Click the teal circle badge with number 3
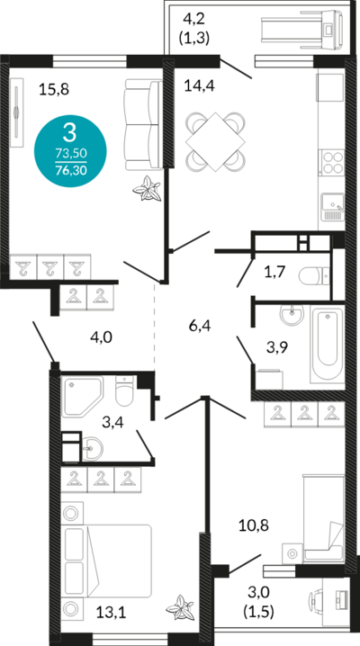click(70, 151)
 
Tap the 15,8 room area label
click(54, 89)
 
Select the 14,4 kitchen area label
click(200, 86)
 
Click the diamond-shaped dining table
click(215, 142)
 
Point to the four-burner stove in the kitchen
click(332, 163)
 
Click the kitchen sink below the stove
click(332, 207)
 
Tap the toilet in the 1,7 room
click(314, 276)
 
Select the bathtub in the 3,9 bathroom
click(327, 344)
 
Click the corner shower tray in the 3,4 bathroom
click(82, 397)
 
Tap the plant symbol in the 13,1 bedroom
click(180, 607)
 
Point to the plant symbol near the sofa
click(146, 188)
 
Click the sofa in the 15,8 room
click(143, 124)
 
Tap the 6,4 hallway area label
click(200, 327)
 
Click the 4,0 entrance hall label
click(101, 337)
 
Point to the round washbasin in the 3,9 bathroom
click(292, 315)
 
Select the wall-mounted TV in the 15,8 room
click(17, 112)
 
